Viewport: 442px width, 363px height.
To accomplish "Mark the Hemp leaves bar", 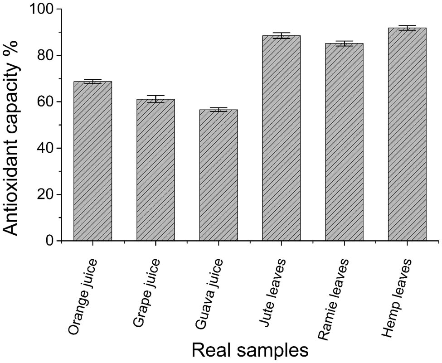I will pyautogui.click(x=407, y=134).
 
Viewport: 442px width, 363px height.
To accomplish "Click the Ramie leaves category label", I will pyautogui.click(x=333, y=299).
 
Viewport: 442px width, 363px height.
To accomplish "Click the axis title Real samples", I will pyautogui.click(x=249, y=350).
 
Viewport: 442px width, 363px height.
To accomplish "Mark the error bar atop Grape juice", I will pyautogui.click(x=155, y=99).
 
